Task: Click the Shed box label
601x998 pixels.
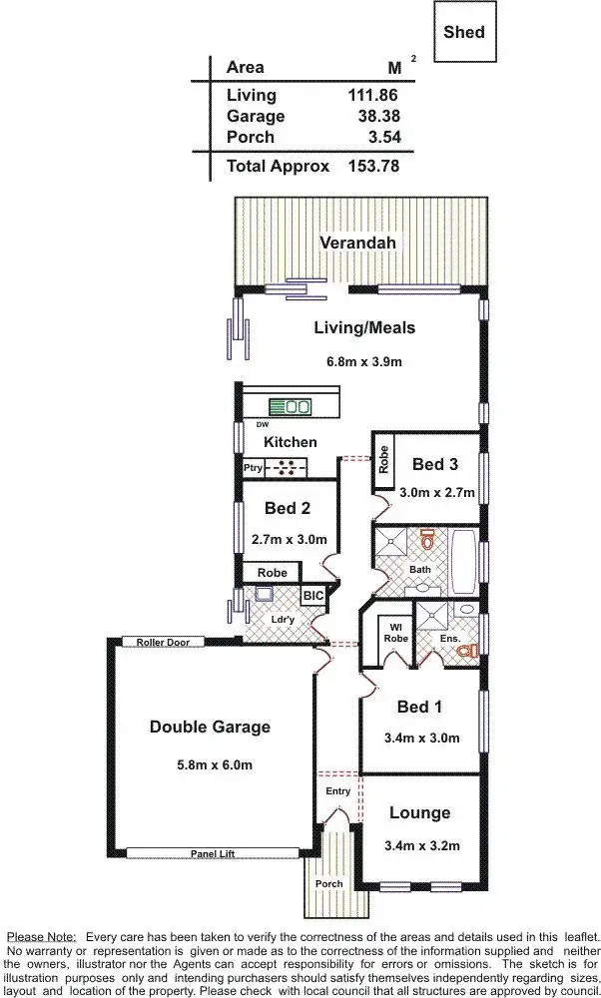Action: click(x=464, y=32)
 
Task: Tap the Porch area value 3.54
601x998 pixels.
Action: click(x=378, y=137)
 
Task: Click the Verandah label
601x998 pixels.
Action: click(x=358, y=242)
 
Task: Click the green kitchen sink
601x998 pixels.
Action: click(x=297, y=406)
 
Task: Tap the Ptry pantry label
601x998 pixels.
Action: click(x=253, y=466)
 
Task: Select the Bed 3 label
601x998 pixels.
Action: click(x=435, y=464)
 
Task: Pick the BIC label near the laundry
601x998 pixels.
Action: click(x=312, y=596)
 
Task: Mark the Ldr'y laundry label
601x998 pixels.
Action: click(x=284, y=619)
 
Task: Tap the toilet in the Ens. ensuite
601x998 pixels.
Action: click(x=464, y=651)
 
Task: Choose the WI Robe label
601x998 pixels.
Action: click(x=395, y=631)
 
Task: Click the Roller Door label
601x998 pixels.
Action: click(x=164, y=642)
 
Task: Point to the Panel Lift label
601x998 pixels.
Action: click(x=212, y=853)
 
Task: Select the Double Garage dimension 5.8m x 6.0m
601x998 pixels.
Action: click(x=210, y=765)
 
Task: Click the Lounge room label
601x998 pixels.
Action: click(x=419, y=812)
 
